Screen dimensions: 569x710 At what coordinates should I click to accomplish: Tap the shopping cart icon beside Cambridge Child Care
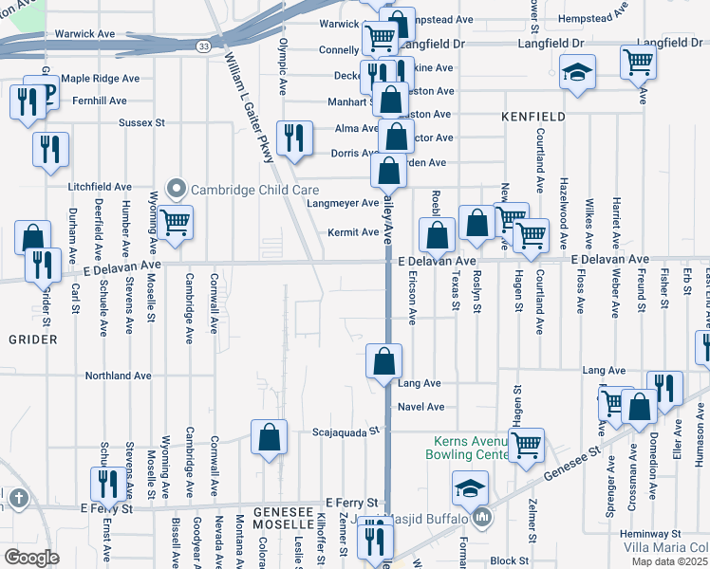(x=176, y=222)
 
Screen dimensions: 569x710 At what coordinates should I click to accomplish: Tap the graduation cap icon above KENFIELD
(x=575, y=73)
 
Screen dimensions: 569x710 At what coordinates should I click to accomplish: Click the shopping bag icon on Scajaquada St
(x=269, y=437)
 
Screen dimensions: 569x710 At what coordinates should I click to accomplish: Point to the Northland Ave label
(x=119, y=376)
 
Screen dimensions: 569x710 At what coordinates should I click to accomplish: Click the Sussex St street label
(x=141, y=122)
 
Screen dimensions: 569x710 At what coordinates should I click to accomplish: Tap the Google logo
(x=31, y=557)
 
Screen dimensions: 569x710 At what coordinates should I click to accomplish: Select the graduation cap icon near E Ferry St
(x=469, y=487)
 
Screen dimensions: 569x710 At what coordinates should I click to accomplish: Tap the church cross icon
(x=16, y=498)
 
